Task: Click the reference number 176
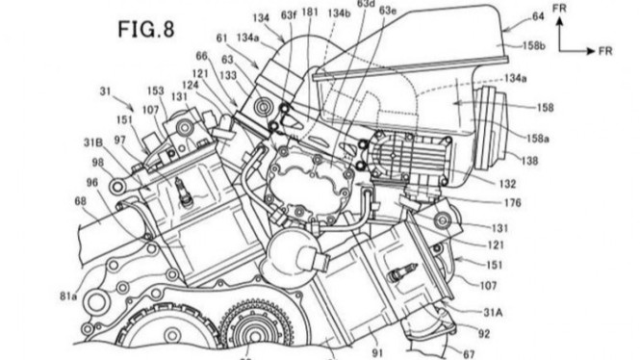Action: (511, 203)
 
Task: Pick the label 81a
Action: (68, 268)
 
